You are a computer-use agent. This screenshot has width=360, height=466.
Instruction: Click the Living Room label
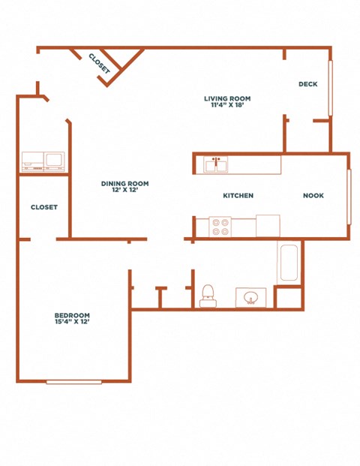point(227,98)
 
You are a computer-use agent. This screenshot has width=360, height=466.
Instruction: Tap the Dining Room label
point(124,184)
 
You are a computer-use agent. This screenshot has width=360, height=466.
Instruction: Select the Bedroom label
point(72,315)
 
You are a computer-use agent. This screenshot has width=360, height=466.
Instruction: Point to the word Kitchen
point(238,196)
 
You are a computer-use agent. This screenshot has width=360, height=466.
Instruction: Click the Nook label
point(313,196)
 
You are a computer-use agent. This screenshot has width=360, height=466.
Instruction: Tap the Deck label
point(308,84)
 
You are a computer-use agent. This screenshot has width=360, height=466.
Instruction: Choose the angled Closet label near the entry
point(100,63)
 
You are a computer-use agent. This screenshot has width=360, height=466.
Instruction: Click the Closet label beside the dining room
point(44,207)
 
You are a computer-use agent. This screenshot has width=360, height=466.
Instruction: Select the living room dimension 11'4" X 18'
point(227,105)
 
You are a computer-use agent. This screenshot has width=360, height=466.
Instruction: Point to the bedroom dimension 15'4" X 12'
point(72,322)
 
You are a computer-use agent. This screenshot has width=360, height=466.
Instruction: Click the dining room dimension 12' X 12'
point(124,190)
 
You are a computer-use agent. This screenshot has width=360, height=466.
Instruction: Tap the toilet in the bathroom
point(208,296)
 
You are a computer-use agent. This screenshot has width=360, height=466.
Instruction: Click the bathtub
point(289,263)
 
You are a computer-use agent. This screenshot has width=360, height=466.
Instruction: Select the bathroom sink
point(251,297)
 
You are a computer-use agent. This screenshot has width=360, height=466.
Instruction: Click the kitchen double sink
point(216,164)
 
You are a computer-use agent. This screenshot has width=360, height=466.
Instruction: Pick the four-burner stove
point(220,227)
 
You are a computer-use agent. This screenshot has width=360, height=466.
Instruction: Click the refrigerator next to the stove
point(268,226)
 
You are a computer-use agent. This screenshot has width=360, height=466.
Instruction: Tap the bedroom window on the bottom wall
point(74,382)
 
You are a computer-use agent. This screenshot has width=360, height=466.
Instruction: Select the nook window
point(349,197)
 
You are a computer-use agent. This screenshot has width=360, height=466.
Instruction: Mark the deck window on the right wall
point(331,88)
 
